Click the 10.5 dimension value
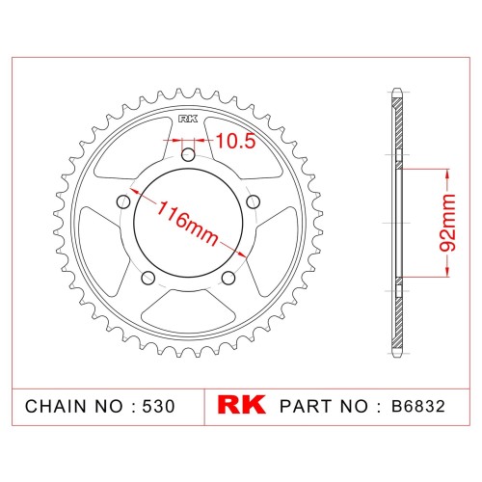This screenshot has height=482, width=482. coord(236,141)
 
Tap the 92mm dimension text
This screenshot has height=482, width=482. coord(447,223)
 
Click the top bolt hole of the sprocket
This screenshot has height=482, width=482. coord(188,155)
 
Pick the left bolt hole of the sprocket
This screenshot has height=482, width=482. coord(123,201)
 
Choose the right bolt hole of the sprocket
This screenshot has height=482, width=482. coord(254,201)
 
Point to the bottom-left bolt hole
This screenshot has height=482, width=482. coord(148,278)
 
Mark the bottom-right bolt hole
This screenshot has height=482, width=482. coord(228,278)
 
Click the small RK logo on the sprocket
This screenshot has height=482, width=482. coord(188,120)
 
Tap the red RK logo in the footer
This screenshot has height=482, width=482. coord(241,406)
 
